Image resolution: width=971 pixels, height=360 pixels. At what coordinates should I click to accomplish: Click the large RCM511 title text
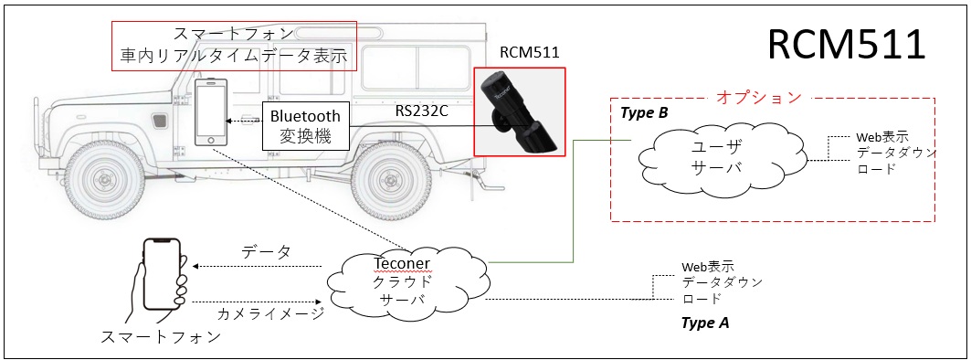click(x=847, y=45)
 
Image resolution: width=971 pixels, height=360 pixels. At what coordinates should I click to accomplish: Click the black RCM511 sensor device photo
click(x=519, y=112)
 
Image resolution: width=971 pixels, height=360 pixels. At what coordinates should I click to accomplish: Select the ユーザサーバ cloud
click(x=723, y=159)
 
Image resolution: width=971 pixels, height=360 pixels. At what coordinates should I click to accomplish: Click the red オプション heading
click(x=759, y=97)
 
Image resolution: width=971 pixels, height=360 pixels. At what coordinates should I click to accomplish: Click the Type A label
click(x=704, y=323)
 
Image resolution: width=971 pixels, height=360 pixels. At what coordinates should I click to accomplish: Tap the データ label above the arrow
click(x=267, y=251)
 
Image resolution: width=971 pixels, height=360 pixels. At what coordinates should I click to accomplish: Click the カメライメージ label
click(x=270, y=313)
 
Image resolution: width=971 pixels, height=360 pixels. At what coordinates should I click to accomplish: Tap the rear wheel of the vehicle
click(x=386, y=180)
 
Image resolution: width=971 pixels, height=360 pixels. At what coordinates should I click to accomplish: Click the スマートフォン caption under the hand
click(x=161, y=336)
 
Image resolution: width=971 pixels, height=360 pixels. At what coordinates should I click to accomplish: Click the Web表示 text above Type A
click(x=708, y=267)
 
